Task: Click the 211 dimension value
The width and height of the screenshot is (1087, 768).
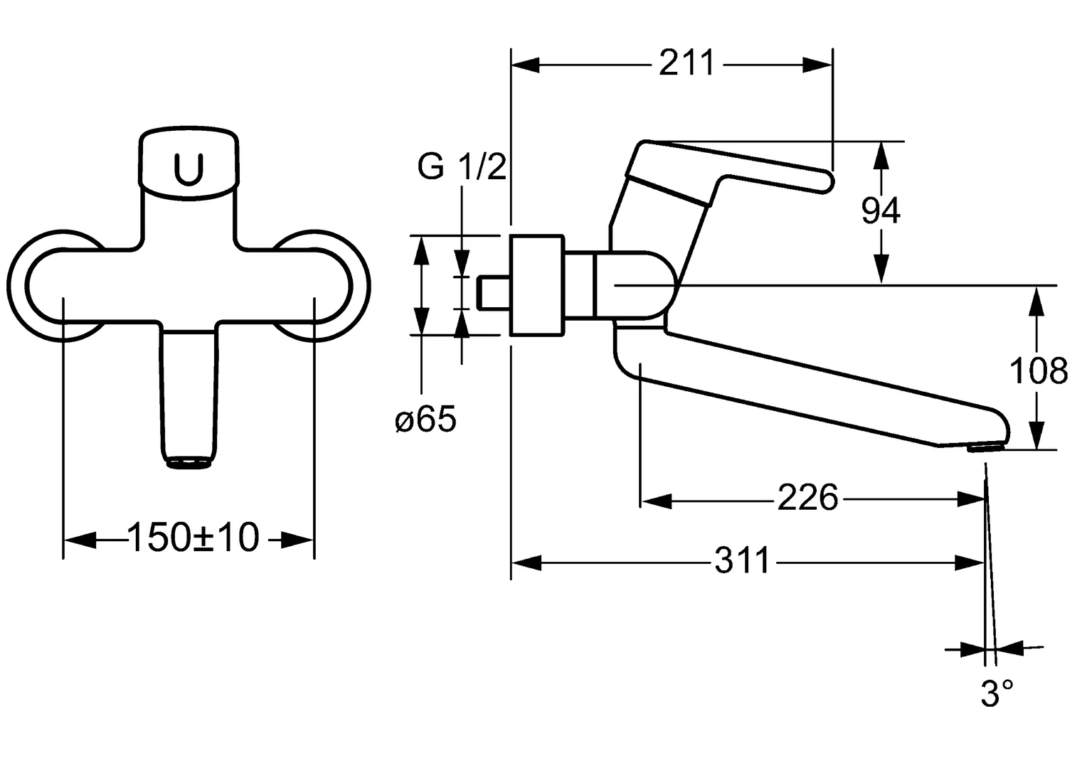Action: pyautogui.click(x=686, y=64)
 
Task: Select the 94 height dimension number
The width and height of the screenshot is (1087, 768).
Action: pyautogui.click(x=881, y=210)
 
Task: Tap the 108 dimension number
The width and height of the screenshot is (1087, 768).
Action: pyautogui.click(x=1039, y=370)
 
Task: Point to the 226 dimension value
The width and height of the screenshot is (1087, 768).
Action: pyautogui.click(x=807, y=498)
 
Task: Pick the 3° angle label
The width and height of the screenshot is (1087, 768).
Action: pyautogui.click(x=997, y=694)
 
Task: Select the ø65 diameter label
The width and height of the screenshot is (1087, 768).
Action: pyautogui.click(x=425, y=420)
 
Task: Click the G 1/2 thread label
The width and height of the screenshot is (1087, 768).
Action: pyautogui.click(x=462, y=168)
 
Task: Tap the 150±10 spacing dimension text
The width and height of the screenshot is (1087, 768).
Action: pyautogui.click(x=193, y=538)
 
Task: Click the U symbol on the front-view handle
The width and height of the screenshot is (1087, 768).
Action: pyautogui.click(x=189, y=169)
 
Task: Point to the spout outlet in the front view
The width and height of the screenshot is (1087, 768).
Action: pyautogui.click(x=189, y=463)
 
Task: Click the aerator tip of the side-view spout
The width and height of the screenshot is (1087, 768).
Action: pyautogui.click(x=983, y=447)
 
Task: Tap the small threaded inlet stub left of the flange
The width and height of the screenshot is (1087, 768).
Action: pyautogui.click(x=494, y=293)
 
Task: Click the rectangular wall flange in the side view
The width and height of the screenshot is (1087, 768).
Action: pyautogui.click(x=537, y=284)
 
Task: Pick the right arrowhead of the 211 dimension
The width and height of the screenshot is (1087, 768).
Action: pyautogui.click(x=818, y=65)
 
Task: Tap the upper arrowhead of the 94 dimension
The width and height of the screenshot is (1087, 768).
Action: pyautogui.click(x=881, y=154)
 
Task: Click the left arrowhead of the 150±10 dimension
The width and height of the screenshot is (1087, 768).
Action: pyautogui.click(x=78, y=540)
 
